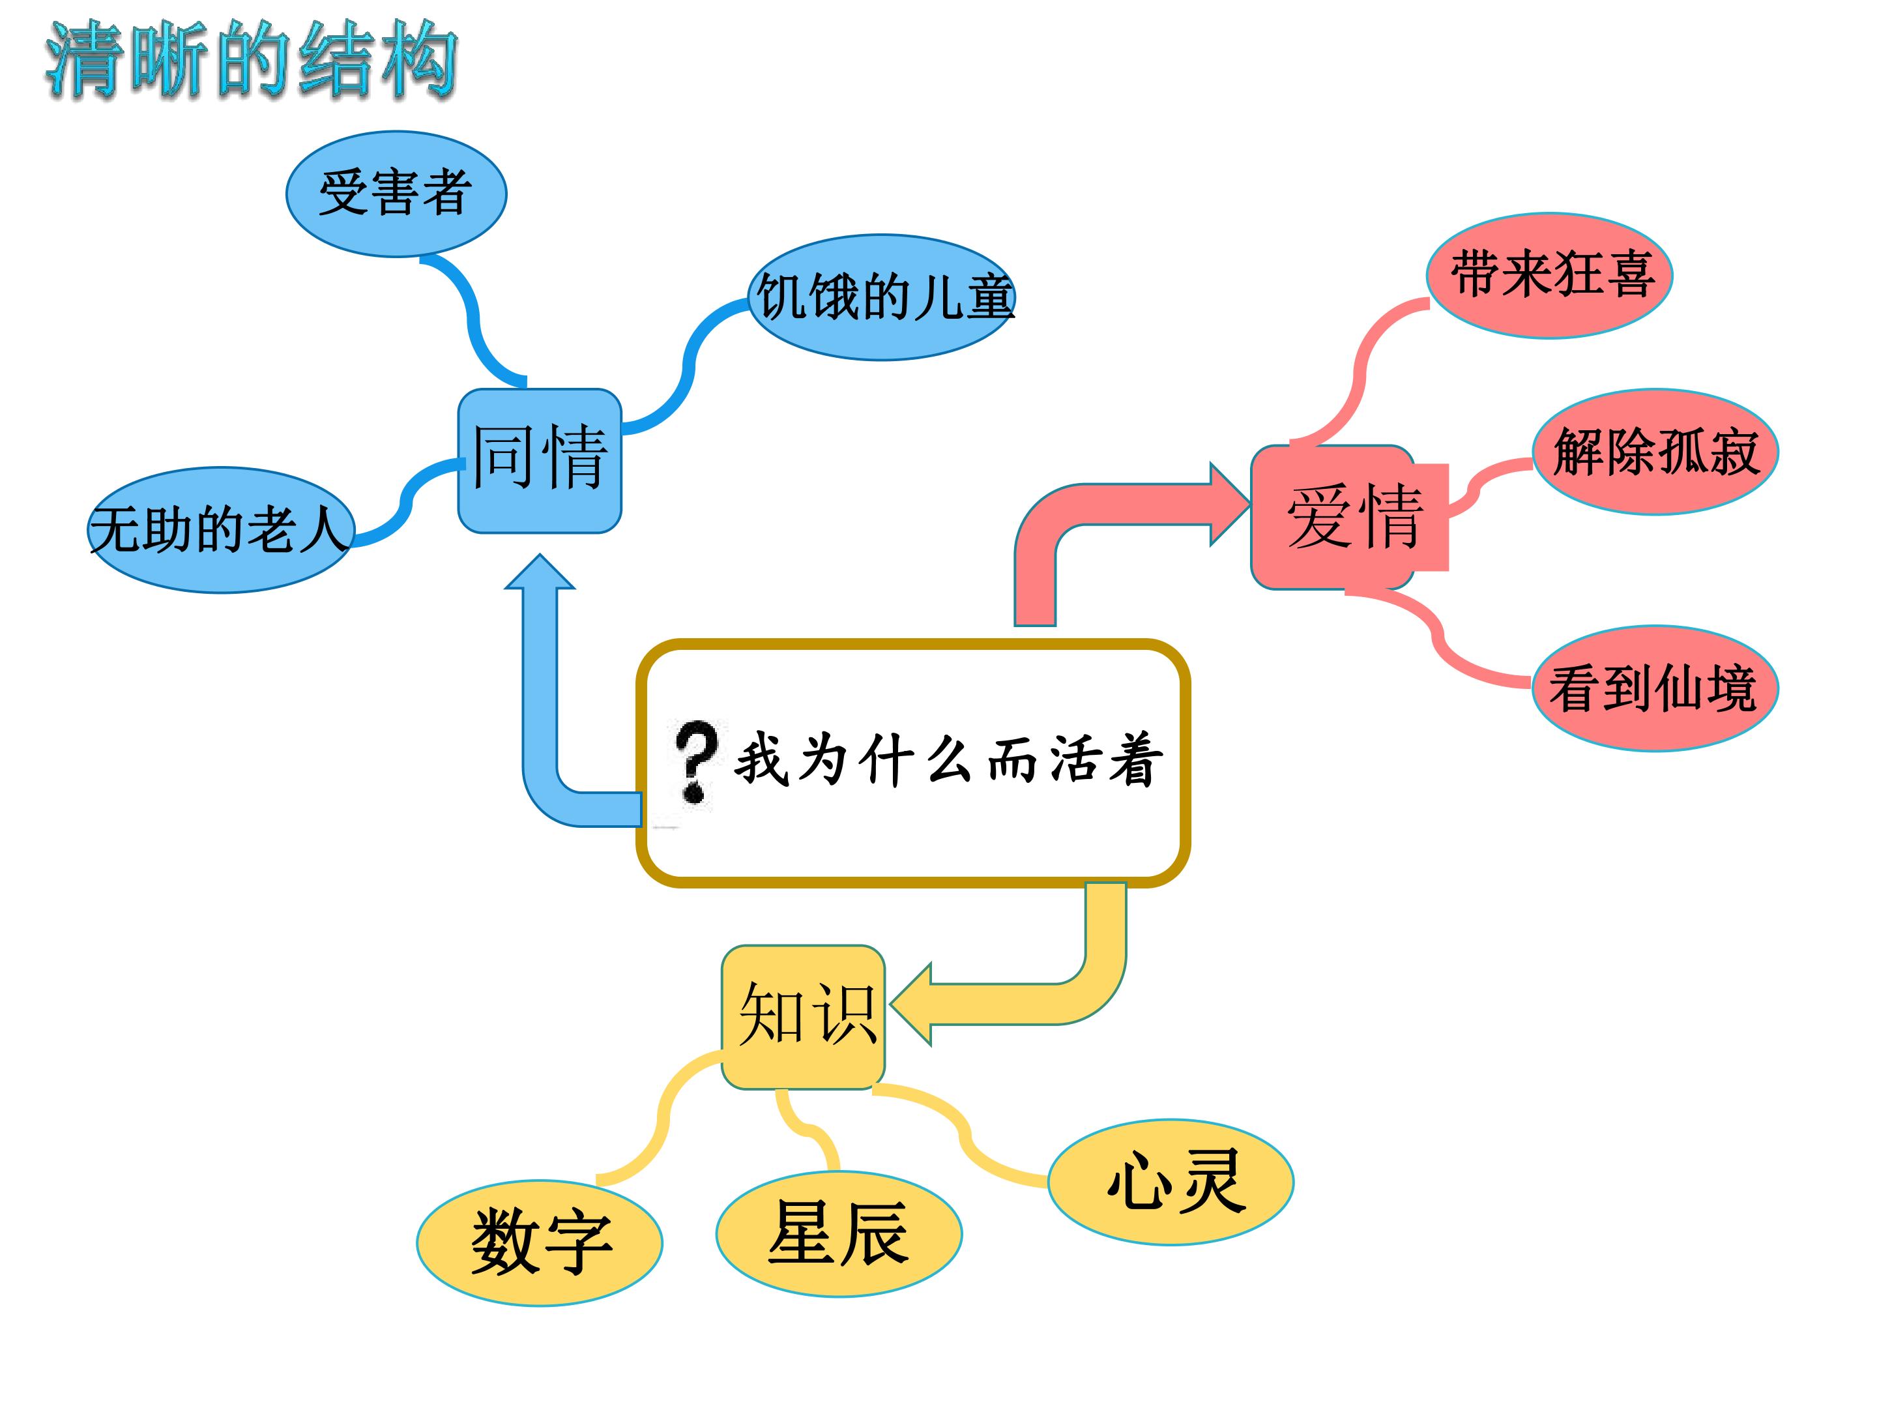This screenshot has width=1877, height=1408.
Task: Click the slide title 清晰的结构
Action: pyautogui.click(x=251, y=59)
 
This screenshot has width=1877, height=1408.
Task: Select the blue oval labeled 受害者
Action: pyautogui.click(x=396, y=194)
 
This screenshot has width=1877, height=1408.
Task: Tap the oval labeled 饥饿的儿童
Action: pyautogui.click(x=882, y=297)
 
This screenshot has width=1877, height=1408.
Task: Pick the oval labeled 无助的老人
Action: pyautogui.click(x=221, y=529)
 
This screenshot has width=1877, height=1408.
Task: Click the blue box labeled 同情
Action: pyautogui.click(x=540, y=461)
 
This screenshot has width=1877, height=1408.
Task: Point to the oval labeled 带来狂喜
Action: pyautogui.click(x=1549, y=276)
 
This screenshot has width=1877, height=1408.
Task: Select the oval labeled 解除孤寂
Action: pyautogui.click(x=1655, y=452)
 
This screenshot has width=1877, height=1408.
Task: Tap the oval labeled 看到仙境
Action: pyautogui.click(x=1655, y=688)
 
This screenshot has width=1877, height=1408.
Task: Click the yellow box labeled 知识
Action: pyautogui.click(x=804, y=1017)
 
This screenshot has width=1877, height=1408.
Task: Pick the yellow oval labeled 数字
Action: pyautogui.click(x=540, y=1242)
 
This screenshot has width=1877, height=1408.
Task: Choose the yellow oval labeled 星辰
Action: pyautogui.click(x=839, y=1234)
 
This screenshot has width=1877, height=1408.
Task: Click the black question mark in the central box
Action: pyautogui.click(x=695, y=761)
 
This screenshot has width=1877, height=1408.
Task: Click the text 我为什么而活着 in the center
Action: pyautogui.click(x=948, y=759)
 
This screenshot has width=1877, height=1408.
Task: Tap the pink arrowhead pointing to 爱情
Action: pyautogui.click(x=1230, y=505)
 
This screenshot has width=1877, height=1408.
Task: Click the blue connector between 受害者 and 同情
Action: pyautogui.click(x=472, y=318)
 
